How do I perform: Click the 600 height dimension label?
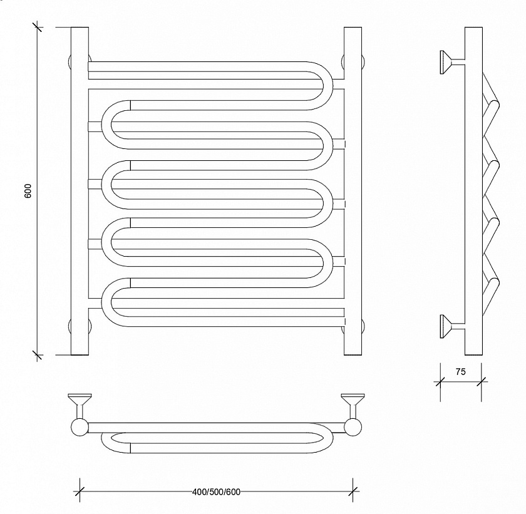pos(28,191)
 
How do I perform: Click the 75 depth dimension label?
pos(461,371)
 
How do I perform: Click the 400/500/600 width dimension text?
pos(217,492)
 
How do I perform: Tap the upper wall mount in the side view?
pos(452,62)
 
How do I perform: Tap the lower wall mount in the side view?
pos(452,326)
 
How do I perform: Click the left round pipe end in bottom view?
pos(80,428)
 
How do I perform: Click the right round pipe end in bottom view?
pos(353,428)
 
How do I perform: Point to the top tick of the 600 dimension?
pos(37,27)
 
